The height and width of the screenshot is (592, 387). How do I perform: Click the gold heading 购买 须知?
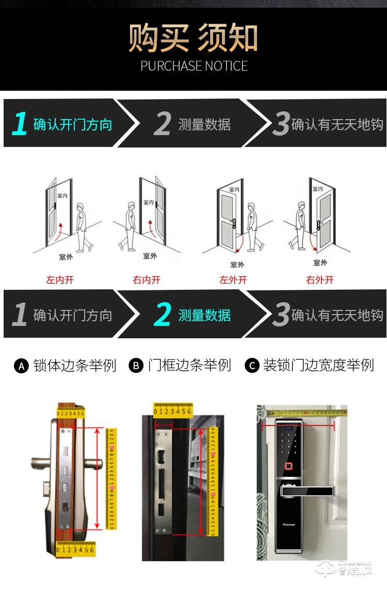(x=193, y=37)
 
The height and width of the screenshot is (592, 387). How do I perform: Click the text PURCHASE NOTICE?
(x=194, y=66)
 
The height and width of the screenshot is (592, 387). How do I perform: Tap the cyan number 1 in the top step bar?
(x=20, y=124)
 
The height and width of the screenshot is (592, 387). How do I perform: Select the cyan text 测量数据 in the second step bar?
(x=204, y=315)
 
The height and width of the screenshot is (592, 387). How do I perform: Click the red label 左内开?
(x=60, y=280)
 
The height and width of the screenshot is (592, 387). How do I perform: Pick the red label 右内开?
(x=147, y=280)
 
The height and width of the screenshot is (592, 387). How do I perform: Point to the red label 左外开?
(x=233, y=280)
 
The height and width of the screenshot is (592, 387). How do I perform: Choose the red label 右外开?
(x=320, y=280)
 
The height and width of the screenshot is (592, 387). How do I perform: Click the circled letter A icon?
(x=21, y=366)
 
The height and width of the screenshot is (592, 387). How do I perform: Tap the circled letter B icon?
(x=136, y=366)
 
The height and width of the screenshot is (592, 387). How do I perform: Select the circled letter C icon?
(x=252, y=366)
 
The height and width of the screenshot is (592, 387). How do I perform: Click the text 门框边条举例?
(x=189, y=366)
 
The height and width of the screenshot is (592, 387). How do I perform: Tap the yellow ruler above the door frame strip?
(x=172, y=411)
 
